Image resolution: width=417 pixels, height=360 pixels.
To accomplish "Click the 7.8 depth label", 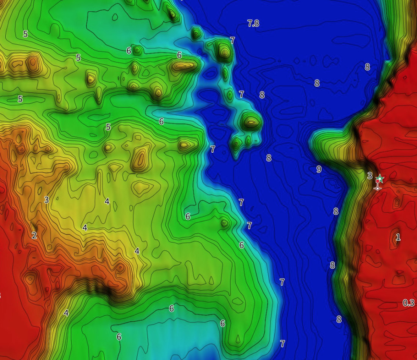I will (x=253, y=23).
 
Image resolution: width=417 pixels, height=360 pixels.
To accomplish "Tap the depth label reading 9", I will (x=319, y=169).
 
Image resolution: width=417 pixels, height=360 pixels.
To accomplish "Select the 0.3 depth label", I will (x=408, y=303).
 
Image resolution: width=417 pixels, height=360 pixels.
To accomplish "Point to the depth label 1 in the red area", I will (x=398, y=237).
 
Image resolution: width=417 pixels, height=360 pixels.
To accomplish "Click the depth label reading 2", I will (x=34, y=235).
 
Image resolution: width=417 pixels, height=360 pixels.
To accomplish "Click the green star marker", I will (x=380, y=178).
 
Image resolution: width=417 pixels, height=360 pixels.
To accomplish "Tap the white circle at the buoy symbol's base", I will (x=377, y=188).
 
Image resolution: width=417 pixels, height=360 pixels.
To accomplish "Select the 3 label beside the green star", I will (x=369, y=176).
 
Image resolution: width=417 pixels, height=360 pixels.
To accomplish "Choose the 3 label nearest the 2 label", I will (x=46, y=200).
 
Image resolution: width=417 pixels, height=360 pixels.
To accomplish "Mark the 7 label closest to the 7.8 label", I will (x=232, y=40).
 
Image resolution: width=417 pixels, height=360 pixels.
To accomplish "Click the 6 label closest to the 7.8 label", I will (x=179, y=55).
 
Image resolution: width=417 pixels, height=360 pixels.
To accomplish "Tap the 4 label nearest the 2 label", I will (x=85, y=228).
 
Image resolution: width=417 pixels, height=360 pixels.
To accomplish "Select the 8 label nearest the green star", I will (x=336, y=211).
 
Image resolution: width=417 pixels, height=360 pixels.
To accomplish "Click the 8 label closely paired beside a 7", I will (x=262, y=95).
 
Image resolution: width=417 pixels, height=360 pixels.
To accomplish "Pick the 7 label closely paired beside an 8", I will (x=241, y=94).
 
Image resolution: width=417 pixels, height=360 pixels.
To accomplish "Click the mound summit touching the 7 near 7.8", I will (x=224, y=50).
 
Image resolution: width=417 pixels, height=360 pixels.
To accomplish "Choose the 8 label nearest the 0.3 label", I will (x=339, y=320).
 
